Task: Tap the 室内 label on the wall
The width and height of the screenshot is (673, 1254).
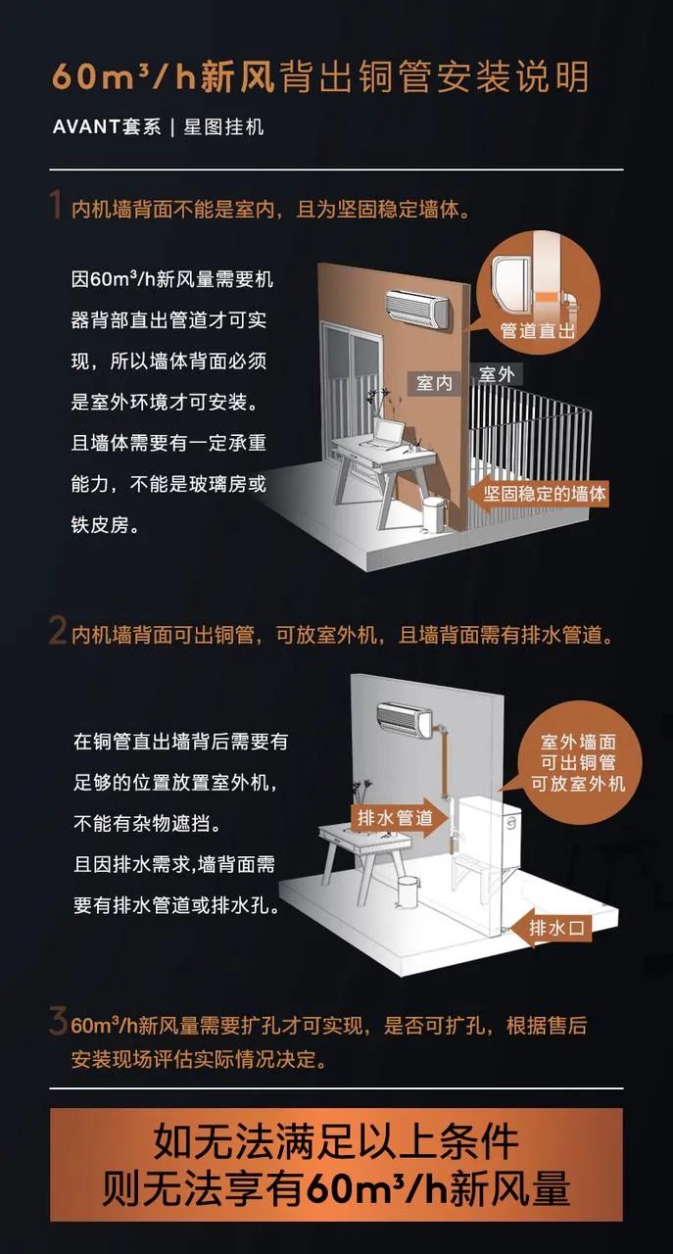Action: coord(435,383)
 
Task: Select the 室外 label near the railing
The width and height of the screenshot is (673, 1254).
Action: coord(497,373)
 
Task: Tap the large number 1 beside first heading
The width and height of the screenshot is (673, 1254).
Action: coord(57,208)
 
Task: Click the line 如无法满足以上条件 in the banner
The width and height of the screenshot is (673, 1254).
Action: coord(336,1141)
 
